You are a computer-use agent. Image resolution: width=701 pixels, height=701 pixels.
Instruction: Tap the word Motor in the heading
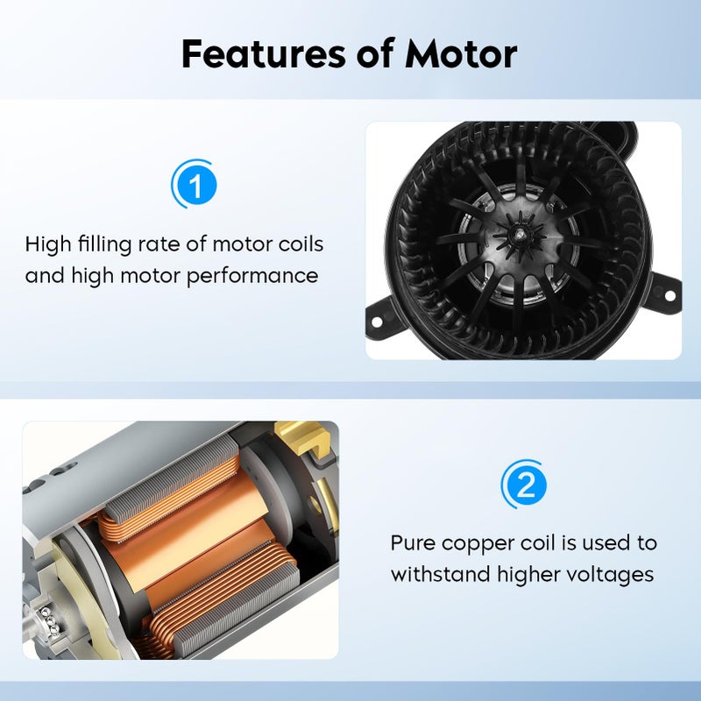[x=461, y=53]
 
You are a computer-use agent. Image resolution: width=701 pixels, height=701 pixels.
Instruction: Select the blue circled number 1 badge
[x=195, y=185]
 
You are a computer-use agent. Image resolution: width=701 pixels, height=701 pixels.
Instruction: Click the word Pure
[x=413, y=542]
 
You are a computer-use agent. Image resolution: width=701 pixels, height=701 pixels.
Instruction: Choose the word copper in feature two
[x=480, y=543]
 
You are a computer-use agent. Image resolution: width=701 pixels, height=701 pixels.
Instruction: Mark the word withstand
[x=438, y=575]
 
